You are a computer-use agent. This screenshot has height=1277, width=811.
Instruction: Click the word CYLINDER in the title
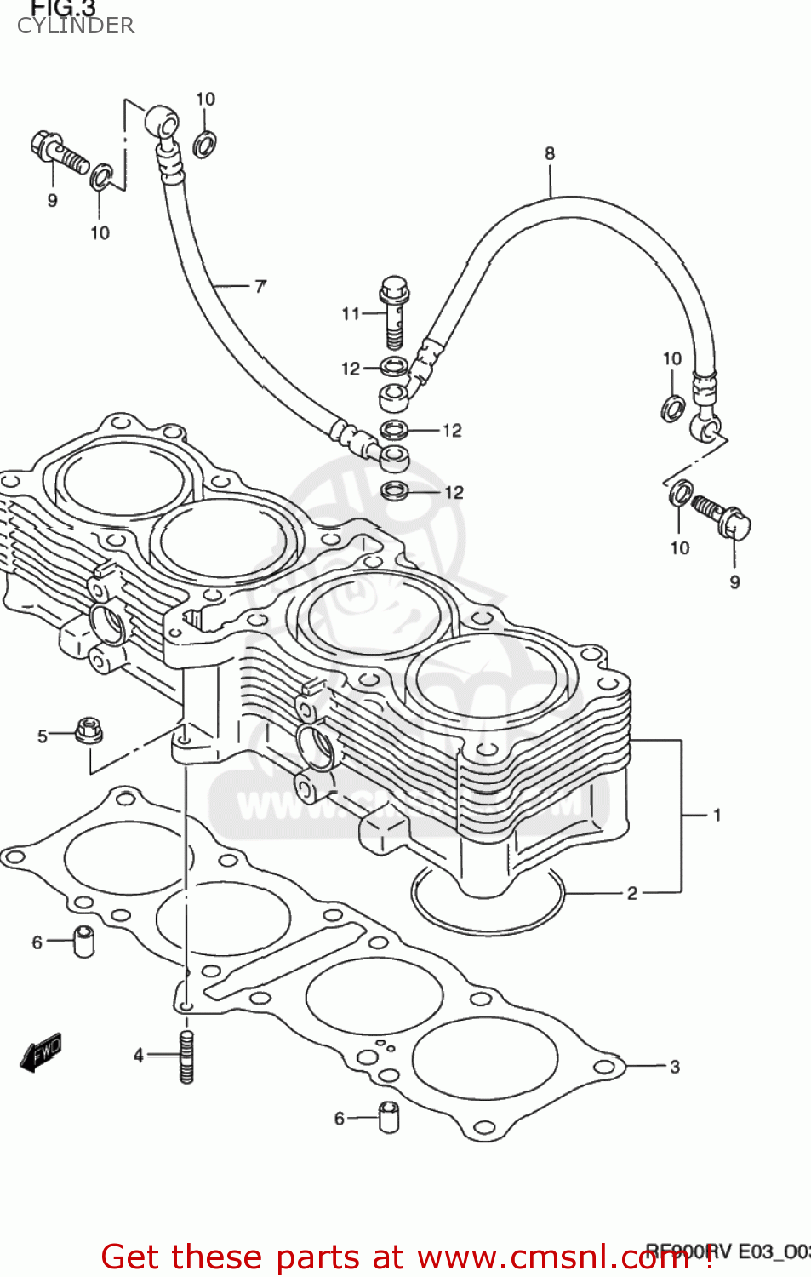pos(76,26)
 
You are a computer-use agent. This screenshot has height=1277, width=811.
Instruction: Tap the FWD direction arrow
pos(41,1052)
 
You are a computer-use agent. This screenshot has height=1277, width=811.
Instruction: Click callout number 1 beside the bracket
pos(717,815)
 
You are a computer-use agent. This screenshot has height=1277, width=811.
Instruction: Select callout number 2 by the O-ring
pos(631,893)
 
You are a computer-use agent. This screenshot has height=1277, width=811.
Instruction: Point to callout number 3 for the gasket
pos(674,1067)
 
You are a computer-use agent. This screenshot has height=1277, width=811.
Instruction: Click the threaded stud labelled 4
pos(186,1057)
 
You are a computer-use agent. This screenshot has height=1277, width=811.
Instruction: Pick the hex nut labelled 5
pos(86,730)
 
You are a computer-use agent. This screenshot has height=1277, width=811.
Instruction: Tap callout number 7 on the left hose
pos(260,286)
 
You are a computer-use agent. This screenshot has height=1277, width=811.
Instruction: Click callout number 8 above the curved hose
pos(550,153)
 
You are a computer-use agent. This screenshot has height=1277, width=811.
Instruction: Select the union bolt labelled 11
pos(394,311)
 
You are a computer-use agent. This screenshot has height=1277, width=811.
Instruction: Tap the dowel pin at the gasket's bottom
pos(389,1117)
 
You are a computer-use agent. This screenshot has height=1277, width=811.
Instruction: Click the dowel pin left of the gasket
pos(84,941)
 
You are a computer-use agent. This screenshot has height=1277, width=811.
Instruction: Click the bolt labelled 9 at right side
pos(722,516)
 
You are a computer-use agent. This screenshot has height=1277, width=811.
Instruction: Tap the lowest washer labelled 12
pos(395,490)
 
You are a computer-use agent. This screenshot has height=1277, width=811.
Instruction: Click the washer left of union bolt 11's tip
pos(393,368)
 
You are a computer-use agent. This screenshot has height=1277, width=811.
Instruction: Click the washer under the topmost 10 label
pos(204,144)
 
